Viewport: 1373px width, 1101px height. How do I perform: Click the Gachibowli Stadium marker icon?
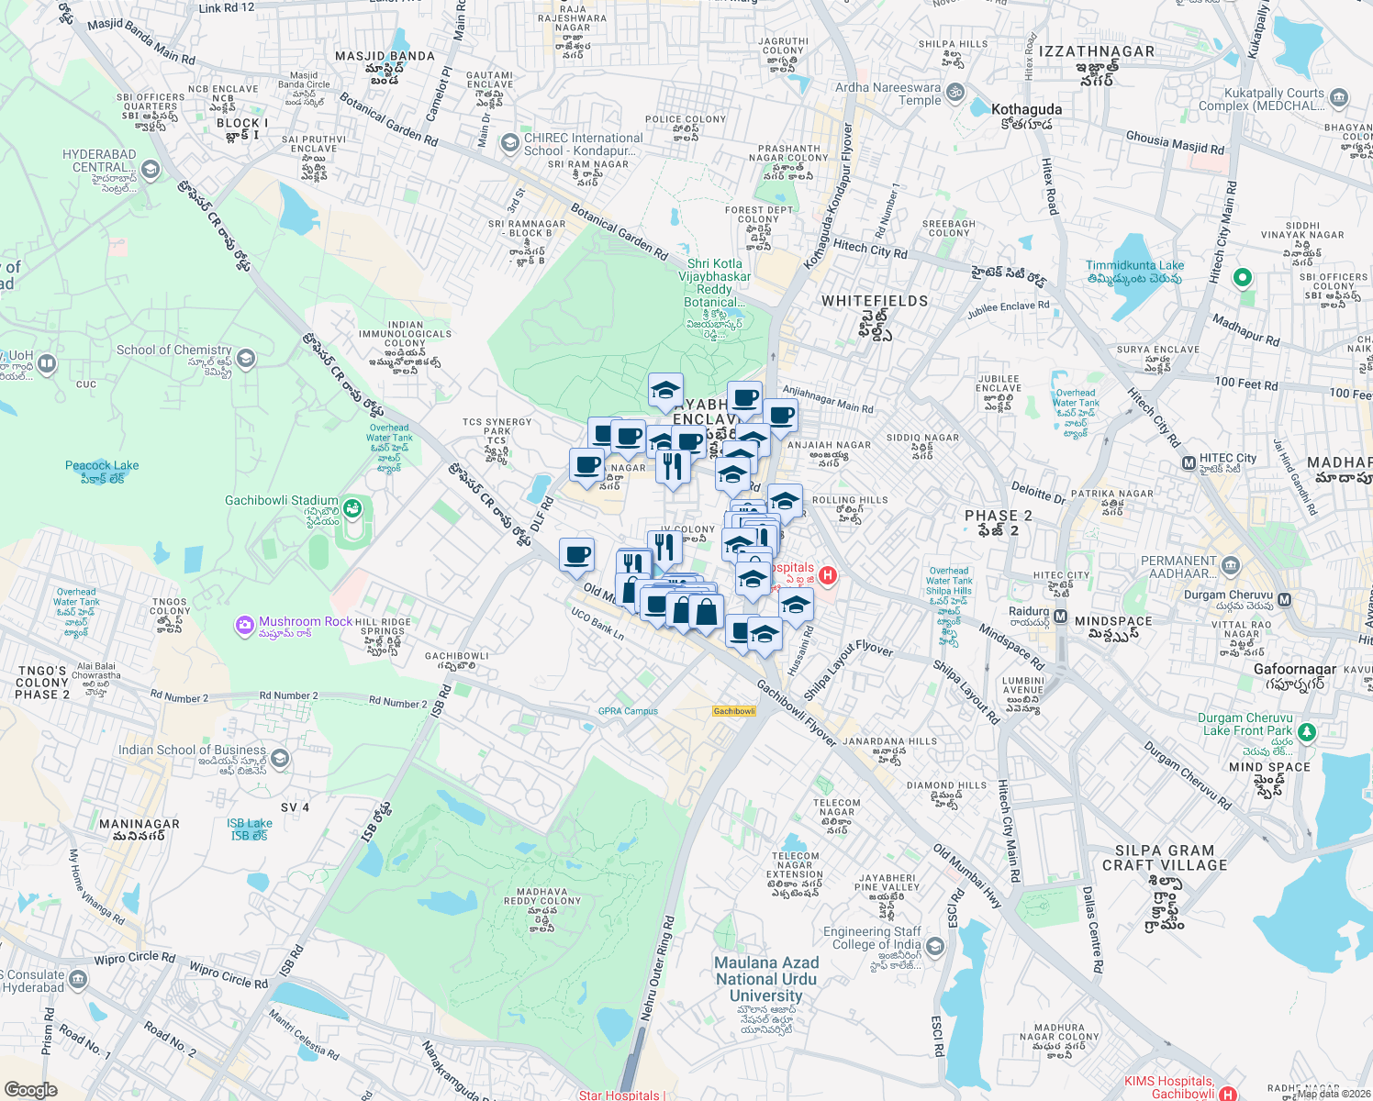click(x=352, y=507)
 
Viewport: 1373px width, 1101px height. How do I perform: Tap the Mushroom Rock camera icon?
click(x=244, y=625)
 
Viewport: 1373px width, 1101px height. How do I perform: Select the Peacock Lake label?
click(x=102, y=466)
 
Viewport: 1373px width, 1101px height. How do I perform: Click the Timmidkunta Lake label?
click(x=1134, y=265)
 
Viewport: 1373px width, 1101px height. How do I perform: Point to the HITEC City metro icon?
click(x=1189, y=462)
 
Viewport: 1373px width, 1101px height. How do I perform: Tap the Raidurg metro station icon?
click(x=1060, y=617)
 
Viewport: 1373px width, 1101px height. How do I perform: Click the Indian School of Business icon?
click(x=280, y=758)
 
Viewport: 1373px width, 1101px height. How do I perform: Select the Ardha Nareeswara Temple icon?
click(x=955, y=92)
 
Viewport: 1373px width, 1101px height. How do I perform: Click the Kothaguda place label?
click(x=1026, y=109)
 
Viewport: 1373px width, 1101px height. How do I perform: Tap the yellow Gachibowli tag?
click(x=734, y=711)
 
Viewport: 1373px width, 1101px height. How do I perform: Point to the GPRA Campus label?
click(x=628, y=711)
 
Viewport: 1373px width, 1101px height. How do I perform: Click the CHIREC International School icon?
click(x=509, y=143)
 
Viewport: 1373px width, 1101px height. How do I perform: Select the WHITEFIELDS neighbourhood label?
click(x=875, y=301)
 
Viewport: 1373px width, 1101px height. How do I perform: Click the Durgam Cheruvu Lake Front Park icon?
click(x=1307, y=732)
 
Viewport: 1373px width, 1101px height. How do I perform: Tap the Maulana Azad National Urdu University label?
click(x=766, y=978)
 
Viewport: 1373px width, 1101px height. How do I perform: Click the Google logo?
click(x=30, y=1089)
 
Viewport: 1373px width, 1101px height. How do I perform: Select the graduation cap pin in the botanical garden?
click(x=665, y=390)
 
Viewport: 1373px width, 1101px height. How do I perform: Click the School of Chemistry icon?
click(x=245, y=358)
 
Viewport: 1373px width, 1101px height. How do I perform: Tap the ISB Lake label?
click(x=249, y=823)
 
